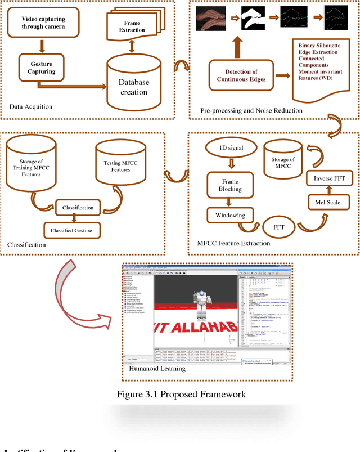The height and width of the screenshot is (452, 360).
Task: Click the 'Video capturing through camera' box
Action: (x=43, y=23)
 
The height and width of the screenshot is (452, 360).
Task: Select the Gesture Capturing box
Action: (x=42, y=68)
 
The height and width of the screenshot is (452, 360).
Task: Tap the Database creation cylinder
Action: (x=133, y=86)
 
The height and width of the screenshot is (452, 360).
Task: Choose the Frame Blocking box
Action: (x=229, y=185)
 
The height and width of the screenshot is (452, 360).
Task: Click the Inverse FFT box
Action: (x=328, y=179)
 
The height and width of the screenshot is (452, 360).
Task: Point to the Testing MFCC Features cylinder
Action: (x=120, y=163)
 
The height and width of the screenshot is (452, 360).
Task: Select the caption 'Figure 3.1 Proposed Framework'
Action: (x=181, y=394)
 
